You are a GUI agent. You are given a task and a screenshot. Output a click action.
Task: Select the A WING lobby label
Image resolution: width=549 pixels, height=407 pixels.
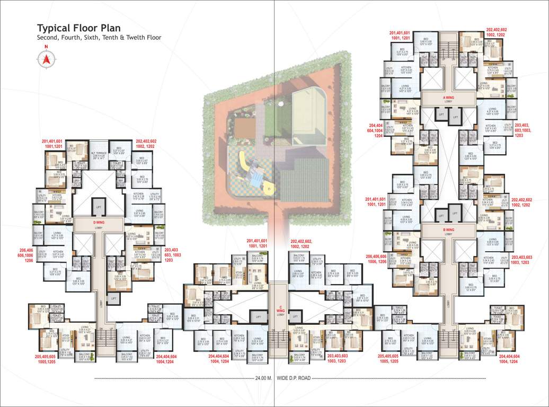(448, 98)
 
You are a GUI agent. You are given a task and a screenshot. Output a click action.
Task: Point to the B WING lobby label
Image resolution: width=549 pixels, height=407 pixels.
(448, 231)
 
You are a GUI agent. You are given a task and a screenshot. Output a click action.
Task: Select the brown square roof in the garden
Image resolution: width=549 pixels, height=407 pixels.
(245, 127)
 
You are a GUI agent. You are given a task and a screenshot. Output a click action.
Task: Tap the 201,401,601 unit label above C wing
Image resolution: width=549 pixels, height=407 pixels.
(258, 244)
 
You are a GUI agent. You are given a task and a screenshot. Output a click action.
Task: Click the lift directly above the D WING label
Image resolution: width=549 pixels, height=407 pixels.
(98, 206)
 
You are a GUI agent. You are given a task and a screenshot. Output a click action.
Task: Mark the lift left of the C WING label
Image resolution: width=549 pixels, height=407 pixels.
(258, 316)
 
